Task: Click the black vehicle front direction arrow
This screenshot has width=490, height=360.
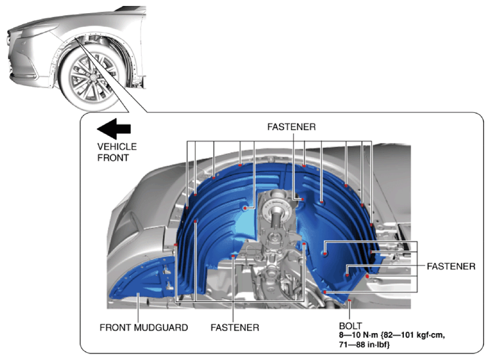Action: pyautogui.click(x=114, y=129)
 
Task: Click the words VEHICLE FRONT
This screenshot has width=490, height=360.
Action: pyautogui.click(x=117, y=152)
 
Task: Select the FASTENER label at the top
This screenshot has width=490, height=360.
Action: pyautogui.click(x=291, y=127)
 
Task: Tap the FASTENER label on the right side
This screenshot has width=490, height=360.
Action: pyautogui.click(x=451, y=266)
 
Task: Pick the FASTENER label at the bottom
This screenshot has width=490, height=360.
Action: pyautogui.click(x=234, y=328)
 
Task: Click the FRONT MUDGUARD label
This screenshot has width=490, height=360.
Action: pyautogui.click(x=144, y=328)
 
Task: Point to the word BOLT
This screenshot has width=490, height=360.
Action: pyautogui.click(x=350, y=326)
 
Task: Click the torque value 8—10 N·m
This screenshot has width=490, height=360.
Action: pyautogui.click(x=359, y=335)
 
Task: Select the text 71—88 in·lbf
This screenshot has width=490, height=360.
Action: pyautogui.click(x=364, y=345)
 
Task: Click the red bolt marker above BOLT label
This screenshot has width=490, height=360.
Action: pyautogui.click(x=349, y=301)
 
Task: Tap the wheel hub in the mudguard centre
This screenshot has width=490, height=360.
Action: pyautogui.click(x=276, y=210)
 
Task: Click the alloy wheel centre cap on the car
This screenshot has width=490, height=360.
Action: pyautogui.click(x=93, y=77)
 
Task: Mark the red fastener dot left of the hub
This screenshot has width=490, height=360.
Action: pyautogui.click(x=245, y=208)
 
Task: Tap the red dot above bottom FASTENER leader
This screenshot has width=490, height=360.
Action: pyautogui.click(x=233, y=256)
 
